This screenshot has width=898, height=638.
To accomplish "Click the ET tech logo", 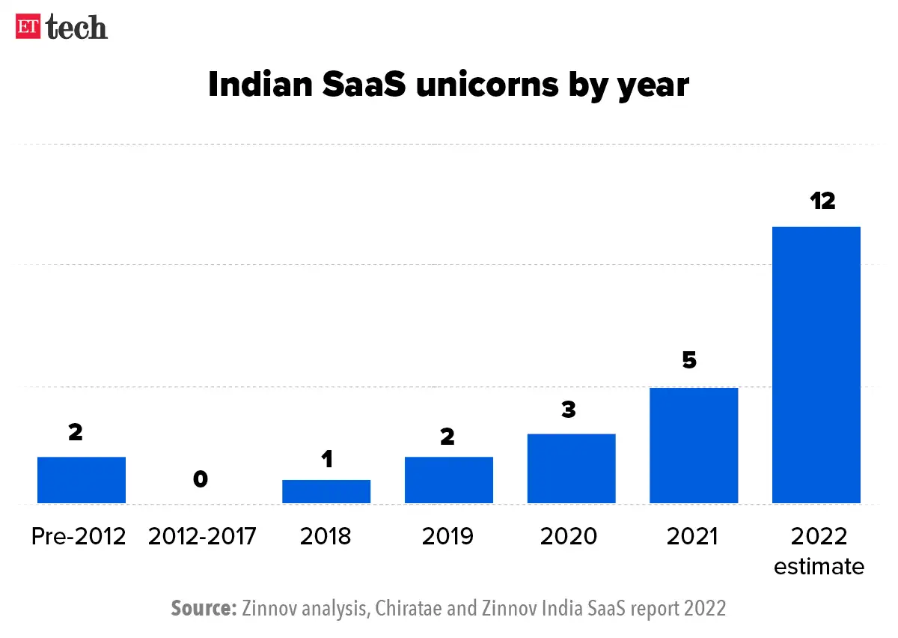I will [x=61, y=27].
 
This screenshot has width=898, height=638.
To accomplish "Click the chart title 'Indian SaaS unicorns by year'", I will [x=448, y=85].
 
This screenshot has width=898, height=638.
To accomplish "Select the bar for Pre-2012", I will [x=82, y=480].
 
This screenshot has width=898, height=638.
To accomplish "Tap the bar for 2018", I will [x=326, y=491].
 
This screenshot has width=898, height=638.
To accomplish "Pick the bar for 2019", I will [x=449, y=480].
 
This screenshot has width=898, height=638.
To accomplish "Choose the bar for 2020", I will [x=571, y=469].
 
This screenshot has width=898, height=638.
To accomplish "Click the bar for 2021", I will [x=694, y=446].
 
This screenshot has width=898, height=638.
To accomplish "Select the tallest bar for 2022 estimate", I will [x=816, y=365].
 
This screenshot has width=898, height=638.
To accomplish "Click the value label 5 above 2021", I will [x=689, y=360].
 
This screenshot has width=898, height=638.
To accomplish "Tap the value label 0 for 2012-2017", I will [x=200, y=479].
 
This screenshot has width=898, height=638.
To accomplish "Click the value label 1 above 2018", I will [x=326, y=458].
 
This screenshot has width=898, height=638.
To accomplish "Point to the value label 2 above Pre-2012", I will [x=75, y=432].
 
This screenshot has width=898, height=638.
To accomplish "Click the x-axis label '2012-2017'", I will [x=202, y=536].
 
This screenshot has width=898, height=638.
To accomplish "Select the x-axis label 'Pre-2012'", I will [x=79, y=536].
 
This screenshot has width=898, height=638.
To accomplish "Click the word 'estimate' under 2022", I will [x=819, y=566].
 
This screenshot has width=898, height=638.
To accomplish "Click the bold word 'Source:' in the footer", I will [x=204, y=608].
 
